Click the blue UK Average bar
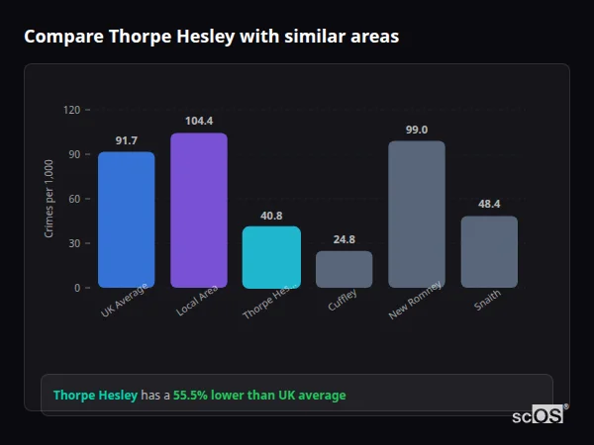pos(126,220)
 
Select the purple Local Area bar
pos(198,211)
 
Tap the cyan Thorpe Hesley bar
pos(271,257)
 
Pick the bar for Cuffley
pos(344,269)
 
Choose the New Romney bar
pos(417,215)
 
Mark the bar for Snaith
pos(489,252)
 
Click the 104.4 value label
pos(198,122)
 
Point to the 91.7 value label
pos(126,140)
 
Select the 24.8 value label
pos(344,239)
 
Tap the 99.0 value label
pos(417,130)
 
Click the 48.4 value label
pos(489,205)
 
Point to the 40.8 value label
pos(271,216)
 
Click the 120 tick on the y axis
pos(71,110)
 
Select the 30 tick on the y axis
pos(73,243)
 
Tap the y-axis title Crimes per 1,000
pos(49,198)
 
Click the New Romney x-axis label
pos(414,304)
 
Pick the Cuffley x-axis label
pos(343,300)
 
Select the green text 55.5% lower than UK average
pos(259,396)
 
